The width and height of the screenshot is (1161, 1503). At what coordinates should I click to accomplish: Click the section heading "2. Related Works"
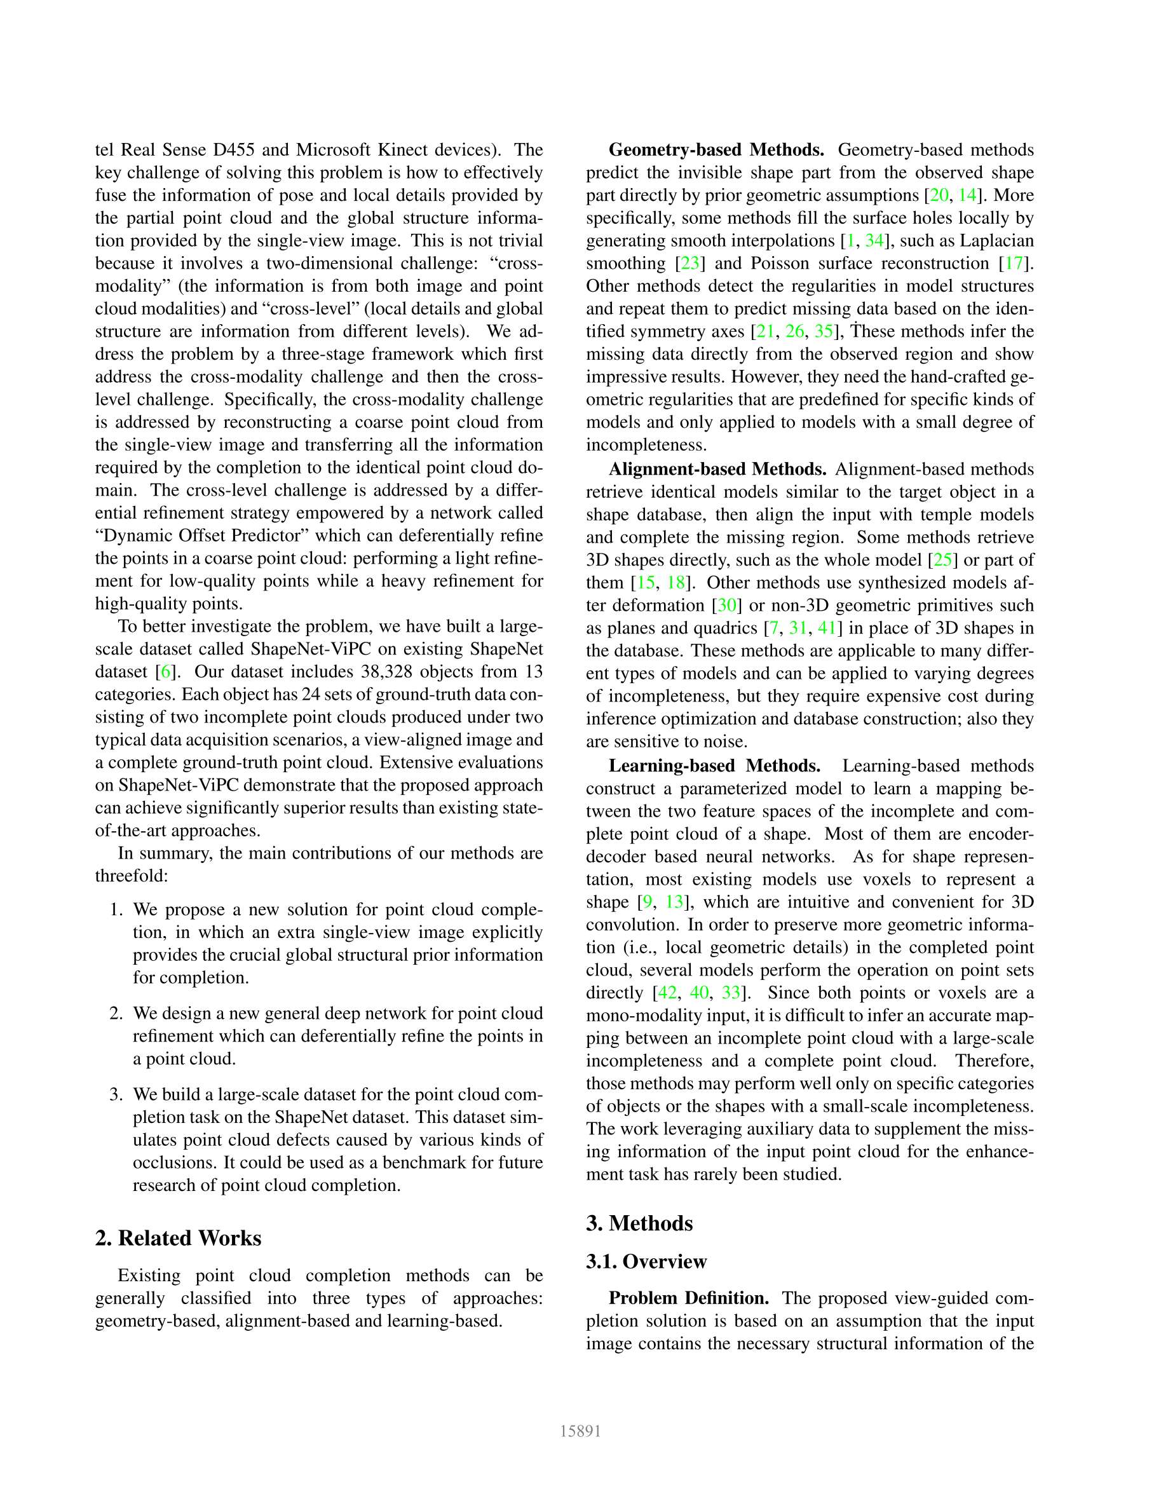point(178,1238)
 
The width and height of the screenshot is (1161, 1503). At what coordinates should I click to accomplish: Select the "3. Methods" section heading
point(639,1223)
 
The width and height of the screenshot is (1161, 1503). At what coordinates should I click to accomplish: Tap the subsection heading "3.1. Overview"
point(646,1262)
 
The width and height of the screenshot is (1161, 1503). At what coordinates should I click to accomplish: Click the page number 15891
point(580,1431)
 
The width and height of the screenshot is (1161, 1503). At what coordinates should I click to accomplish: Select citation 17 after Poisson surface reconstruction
point(1014,264)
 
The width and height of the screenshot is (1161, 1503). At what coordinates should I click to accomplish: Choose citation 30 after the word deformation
point(727,606)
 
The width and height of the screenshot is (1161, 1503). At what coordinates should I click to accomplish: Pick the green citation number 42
point(667,993)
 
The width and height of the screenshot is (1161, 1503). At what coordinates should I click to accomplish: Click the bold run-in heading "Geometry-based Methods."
point(716,150)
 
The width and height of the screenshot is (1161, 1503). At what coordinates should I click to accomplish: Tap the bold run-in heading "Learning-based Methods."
point(714,766)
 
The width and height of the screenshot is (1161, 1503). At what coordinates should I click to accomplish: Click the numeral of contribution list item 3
point(116,1095)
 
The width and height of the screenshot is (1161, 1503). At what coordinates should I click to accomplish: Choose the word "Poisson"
point(780,264)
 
